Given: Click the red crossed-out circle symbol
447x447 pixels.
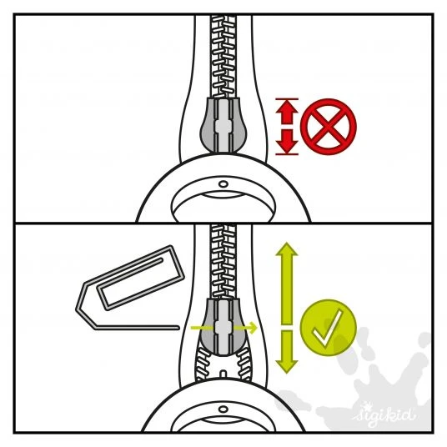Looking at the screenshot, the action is pyautogui.click(x=329, y=127).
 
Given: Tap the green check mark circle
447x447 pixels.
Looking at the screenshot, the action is pyautogui.click(x=328, y=327).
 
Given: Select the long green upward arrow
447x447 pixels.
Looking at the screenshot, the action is pyautogui.click(x=287, y=284).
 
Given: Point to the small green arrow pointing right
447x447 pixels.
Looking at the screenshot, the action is pyautogui.click(x=245, y=328).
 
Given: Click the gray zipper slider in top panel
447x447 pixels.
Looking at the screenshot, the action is pyautogui.click(x=223, y=125).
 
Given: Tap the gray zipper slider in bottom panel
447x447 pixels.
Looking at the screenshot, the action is pyautogui.click(x=223, y=327).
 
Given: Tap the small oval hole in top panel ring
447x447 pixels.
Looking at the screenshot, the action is pyautogui.click(x=223, y=184).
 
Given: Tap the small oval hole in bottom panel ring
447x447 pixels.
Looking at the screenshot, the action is pyautogui.click(x=223, y=409).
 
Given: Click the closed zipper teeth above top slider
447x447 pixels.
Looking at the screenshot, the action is pyautogui.click(x=223, y=57).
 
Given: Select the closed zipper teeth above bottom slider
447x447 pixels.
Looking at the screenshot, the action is pyautogui.click(x=223, y=262).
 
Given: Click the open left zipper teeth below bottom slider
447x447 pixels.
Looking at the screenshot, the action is pyautogui.click(x=203, y=361).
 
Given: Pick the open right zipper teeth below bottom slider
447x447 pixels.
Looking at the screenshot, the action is pyautogui.click(x=244, y=361).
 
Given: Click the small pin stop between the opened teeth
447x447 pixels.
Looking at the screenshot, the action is pyautogui.click(x=223, y=374).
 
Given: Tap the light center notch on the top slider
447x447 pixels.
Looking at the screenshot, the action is pyautogui.click(x=223, y=126).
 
